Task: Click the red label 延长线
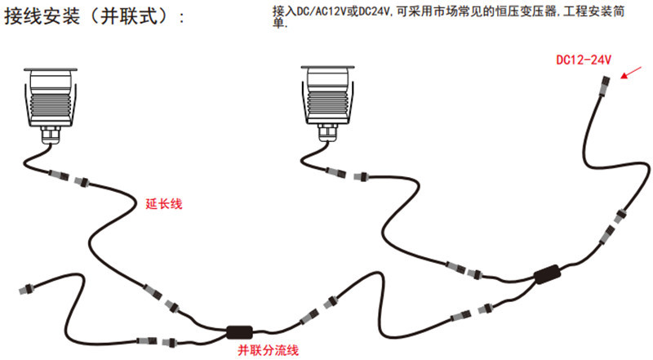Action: pos(162,203)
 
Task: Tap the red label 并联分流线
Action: pos(268,350)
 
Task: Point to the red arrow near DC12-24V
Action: pos(630,74)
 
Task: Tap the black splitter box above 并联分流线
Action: pos(239,331)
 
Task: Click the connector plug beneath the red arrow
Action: pos(606,87)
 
